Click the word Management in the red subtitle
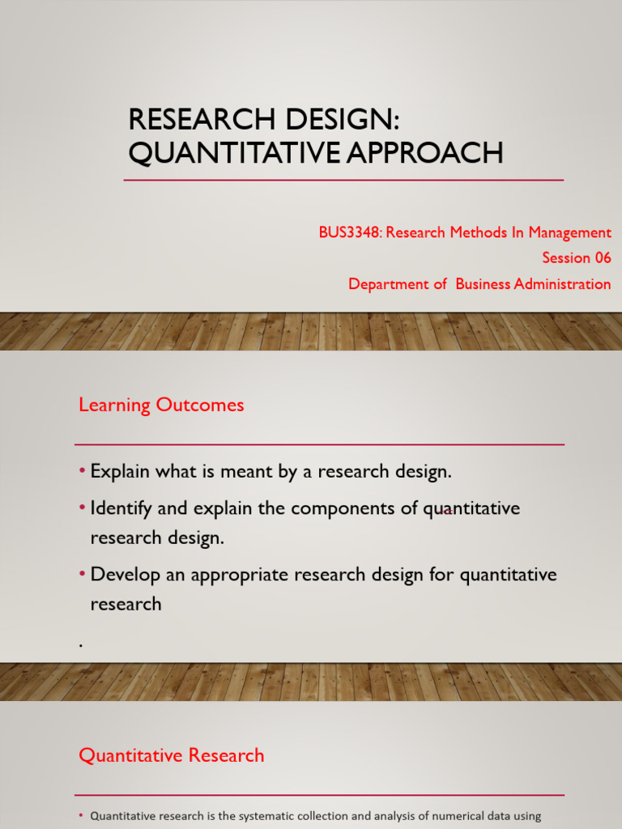(571, 232)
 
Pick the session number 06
(602, 257)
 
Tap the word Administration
(564, 283)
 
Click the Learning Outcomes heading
(161, 405)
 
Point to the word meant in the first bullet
(243, 472)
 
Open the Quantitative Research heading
(171, 755)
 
